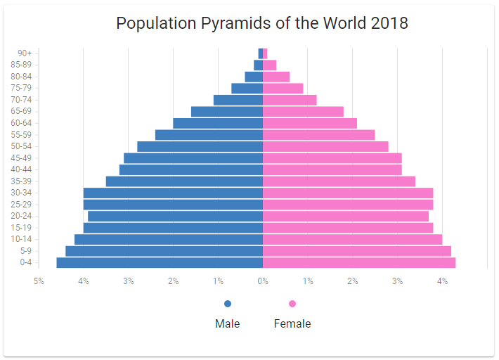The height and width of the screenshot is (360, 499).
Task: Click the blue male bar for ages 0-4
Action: (x=160, y=263)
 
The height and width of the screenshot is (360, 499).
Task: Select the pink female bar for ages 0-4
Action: (x=359, y=263)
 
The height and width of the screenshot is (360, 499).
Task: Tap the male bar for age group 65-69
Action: (x=227, y=112)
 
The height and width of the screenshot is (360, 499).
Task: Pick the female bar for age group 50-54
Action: (x=325, y=146)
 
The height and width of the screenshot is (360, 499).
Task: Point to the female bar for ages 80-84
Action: (x=276, y=77)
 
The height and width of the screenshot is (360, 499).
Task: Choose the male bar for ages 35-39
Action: (x=184, y=181)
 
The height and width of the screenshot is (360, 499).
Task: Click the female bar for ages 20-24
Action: (x=346, y=216)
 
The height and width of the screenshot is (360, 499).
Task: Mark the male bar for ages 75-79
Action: (x=247, y=89)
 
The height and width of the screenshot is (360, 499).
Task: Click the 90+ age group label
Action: (x=25, y=53)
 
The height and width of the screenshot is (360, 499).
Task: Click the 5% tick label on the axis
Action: (x=39, y=281)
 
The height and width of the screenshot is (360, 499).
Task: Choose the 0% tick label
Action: (x=263, y=281)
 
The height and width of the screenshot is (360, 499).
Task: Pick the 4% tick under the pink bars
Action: (x=443, y=281)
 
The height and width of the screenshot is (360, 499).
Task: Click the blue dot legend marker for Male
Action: (x=227, y=304)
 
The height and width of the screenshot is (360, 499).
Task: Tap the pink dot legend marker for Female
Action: (x=292, y=304)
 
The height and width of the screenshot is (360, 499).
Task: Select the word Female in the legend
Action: (x=292, y=324)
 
